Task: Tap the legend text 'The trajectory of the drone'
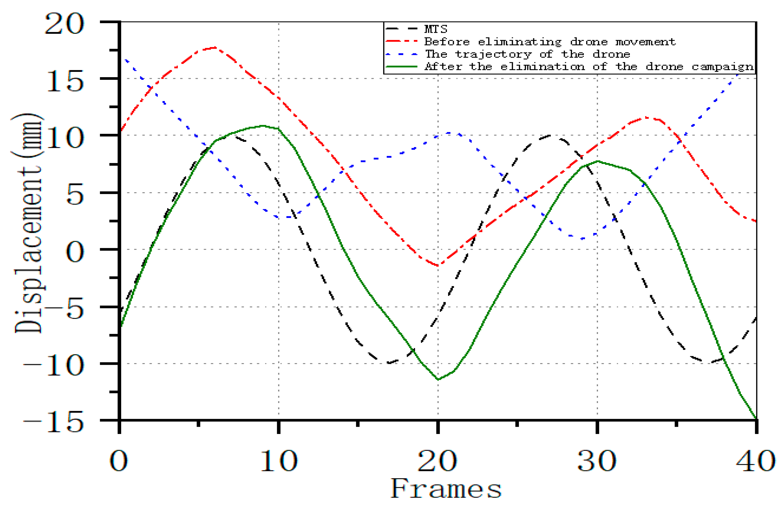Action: pos(527,54)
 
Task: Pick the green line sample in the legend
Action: pos(401,67)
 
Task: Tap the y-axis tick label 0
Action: pos(75,252)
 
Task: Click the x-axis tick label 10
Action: pos(279,461)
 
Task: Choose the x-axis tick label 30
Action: pos(597,461)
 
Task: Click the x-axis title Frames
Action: pos(446,489)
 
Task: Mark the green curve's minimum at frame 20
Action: pos(438,379)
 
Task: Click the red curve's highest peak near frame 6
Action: pos(214,48)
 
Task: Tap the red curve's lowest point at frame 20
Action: pos(438,265)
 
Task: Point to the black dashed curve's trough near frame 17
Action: pos(389,363)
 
